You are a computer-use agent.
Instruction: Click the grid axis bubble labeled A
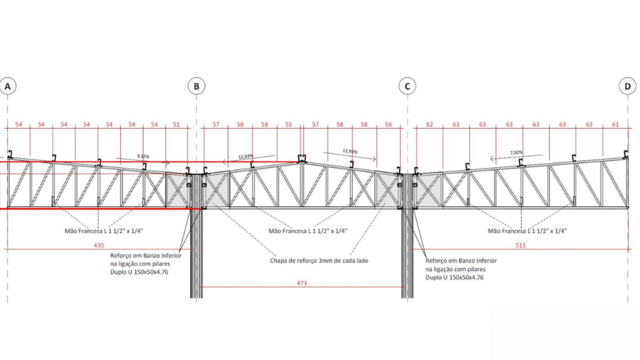pyautogui.click(x=7, y=87)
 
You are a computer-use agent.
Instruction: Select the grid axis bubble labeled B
pyautogui.click(x=196, y=87)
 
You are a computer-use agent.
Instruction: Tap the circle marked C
pyautogui.click(x=407, y=87)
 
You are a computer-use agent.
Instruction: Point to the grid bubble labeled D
pyautogui.click(x=627, y=87)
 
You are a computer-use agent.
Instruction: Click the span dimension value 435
pyautogui.click(x=99, y=246)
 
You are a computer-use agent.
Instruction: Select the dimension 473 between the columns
pyautogui.click(x=302, y=283)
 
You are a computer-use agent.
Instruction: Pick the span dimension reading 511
pyautogui.click(x=521, y=246)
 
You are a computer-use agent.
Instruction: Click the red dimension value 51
pyautogui.click(x=176, y=125)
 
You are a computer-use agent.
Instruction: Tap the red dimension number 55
pyautogui.click(x=288, y=125)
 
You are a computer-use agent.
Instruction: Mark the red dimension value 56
pyautogui.click(x=388, y=125)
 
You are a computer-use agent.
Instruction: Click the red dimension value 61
pyautogui.click(x=616, y=125)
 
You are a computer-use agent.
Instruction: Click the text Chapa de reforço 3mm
pyautogui.click(x=309, y=261)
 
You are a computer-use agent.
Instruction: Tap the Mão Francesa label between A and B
pyautogui.click(x=104, y=231)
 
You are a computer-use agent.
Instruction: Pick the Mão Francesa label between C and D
pyautogui.click(x=527, y=231)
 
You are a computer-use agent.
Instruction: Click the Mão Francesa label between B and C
pyautogui.click(x=307, y=231)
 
